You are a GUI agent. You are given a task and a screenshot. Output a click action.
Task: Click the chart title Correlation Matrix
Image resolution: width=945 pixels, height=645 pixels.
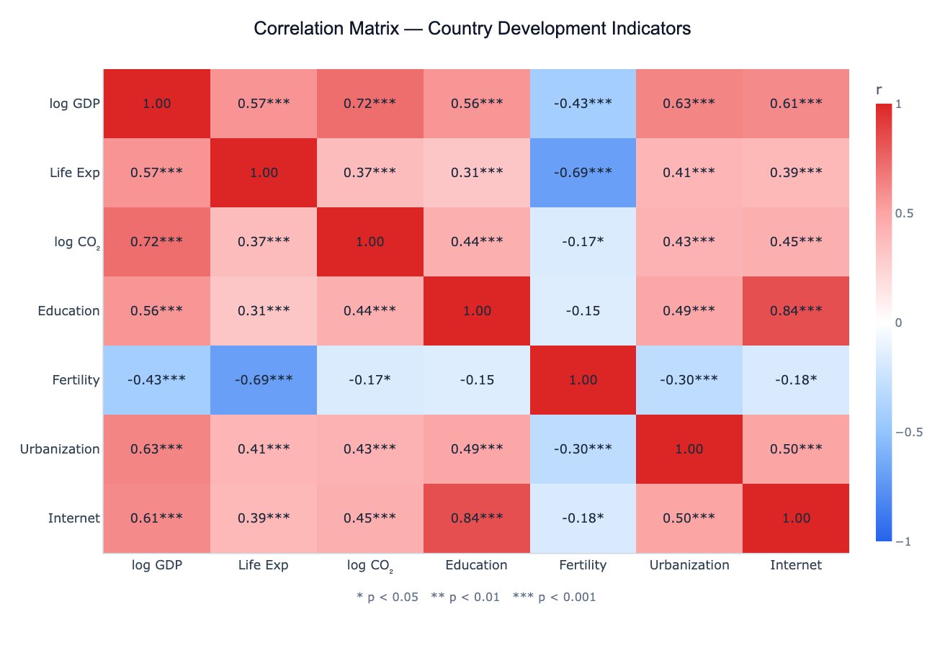click(472, 29)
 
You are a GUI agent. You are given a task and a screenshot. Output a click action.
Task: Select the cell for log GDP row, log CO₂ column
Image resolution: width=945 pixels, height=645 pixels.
click(370, 104)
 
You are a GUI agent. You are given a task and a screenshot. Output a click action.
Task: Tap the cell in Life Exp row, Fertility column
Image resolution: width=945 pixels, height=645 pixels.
click(583, 173)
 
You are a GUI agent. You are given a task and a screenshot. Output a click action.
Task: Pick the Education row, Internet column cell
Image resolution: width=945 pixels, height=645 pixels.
click(796, 311)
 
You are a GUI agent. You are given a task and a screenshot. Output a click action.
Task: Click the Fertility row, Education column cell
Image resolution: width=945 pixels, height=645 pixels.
click(476, 380)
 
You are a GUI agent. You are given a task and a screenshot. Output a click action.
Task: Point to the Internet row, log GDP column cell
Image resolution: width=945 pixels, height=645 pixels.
click(157, 518)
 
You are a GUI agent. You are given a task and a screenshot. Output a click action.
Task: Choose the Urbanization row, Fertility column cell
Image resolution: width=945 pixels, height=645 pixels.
click(583, 449)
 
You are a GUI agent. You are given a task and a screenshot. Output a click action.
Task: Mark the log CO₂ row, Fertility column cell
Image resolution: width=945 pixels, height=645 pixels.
click(583, 242)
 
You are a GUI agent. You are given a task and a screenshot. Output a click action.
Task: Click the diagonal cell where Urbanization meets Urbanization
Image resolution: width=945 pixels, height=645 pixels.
click(689, 449)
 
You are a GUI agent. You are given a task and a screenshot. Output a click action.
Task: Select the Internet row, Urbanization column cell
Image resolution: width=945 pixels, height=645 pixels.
click(689, 518)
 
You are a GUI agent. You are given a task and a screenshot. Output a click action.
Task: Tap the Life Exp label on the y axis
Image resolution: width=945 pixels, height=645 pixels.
click(74, 173)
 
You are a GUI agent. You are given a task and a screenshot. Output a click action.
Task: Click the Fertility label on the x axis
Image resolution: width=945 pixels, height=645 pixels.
click(583, 565)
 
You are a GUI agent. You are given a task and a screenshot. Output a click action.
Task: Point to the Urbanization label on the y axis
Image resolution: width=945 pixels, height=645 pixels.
click(60, 449)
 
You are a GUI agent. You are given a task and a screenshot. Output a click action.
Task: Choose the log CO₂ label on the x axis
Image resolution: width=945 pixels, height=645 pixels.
click(370, 566)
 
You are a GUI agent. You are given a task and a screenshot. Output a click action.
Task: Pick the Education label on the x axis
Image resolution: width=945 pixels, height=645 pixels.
click(476, 565)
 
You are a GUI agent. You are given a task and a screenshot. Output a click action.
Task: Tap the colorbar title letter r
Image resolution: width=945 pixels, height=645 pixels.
click(879, 90)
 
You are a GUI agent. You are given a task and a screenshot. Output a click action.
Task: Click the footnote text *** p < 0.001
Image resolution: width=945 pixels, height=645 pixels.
click(554, 597)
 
